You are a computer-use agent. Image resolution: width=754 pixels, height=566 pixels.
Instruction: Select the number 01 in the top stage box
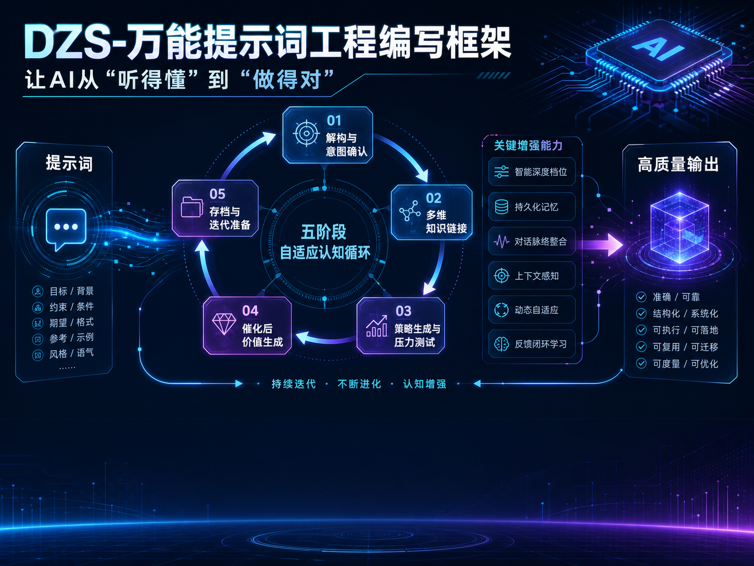(334, 120)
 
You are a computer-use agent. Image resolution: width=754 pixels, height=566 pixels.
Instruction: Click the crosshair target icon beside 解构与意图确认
(306, 133)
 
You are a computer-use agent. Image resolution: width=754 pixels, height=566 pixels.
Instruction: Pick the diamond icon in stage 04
(224, 324)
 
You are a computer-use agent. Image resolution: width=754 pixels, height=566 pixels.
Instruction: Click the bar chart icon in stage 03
(377, 326)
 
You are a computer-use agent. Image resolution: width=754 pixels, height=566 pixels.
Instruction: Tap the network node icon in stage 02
(410, 211)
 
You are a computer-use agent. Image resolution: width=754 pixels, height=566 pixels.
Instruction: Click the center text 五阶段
(323, 232)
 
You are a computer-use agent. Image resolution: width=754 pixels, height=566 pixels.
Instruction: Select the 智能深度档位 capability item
(532, 172)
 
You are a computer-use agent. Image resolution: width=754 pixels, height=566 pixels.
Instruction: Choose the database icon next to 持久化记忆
(501, 207)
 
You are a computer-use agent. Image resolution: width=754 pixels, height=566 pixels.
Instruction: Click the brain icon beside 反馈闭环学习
(501, 344)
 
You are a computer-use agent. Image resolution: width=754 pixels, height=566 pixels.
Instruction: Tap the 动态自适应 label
(536, 310)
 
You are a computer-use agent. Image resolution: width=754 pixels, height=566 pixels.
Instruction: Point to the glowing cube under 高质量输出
(680, 228)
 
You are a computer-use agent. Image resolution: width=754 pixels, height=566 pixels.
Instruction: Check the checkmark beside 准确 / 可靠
(641, 297)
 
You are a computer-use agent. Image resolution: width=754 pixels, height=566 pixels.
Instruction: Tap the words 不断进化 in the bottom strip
(359, 384)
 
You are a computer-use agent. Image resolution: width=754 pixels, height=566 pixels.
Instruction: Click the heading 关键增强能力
(528, 146)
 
